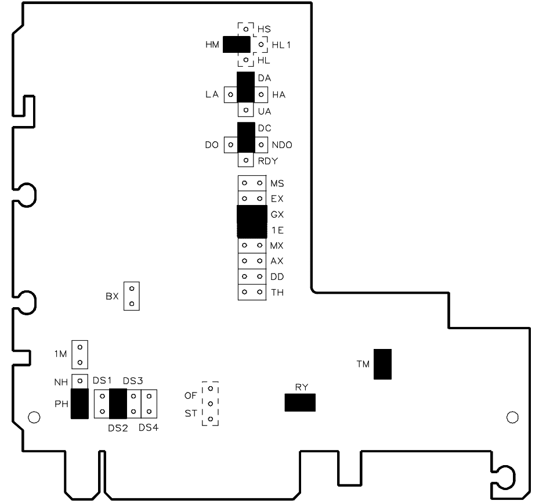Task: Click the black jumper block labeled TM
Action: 382,364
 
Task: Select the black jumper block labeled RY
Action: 300,402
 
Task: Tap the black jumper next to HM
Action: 236,44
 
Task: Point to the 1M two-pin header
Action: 80,355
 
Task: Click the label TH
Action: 277,292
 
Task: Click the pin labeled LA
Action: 230,94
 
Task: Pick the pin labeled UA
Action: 246,110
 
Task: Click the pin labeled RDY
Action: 246,160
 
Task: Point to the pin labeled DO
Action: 230,145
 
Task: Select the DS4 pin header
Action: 149,404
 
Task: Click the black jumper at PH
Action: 80,404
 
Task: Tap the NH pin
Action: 80,381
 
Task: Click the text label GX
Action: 277,214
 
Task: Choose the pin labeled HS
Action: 246,28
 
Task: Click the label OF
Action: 190,395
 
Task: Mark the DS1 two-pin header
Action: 102,404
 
